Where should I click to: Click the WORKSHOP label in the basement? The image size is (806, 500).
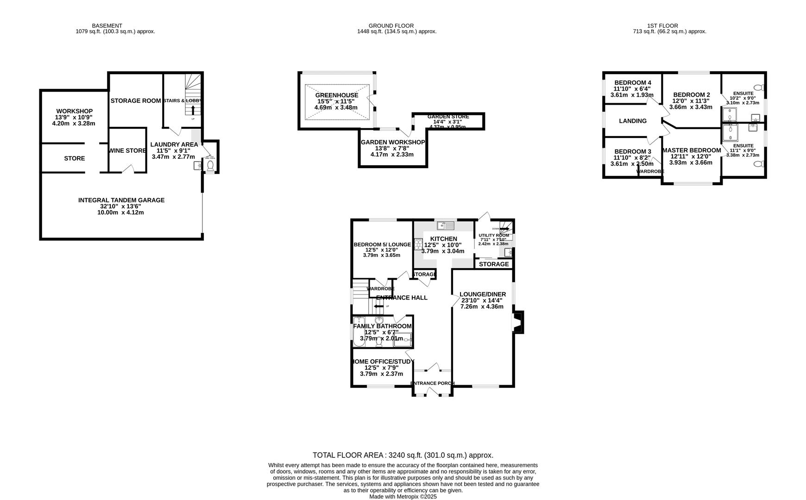pos(75,111)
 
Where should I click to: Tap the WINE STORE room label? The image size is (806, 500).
pos(127,150)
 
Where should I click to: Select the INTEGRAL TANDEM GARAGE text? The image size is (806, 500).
pos(121,200)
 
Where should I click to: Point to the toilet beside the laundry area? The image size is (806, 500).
pos(210,165)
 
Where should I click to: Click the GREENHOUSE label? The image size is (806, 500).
pos(337,95)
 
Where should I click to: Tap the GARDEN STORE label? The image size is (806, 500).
pos(448,117)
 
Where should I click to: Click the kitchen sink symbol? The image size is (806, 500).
pos(446,226)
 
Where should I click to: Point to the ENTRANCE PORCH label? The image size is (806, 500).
pos(432,383)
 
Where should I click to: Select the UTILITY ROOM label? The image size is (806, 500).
pos(493,235)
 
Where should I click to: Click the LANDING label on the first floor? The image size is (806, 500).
pos(633,121)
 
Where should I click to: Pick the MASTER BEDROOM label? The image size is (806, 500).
pos(692,150)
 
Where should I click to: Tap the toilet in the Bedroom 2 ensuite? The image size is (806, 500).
pos(758,87)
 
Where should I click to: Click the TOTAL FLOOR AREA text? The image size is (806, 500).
pos(403,455)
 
